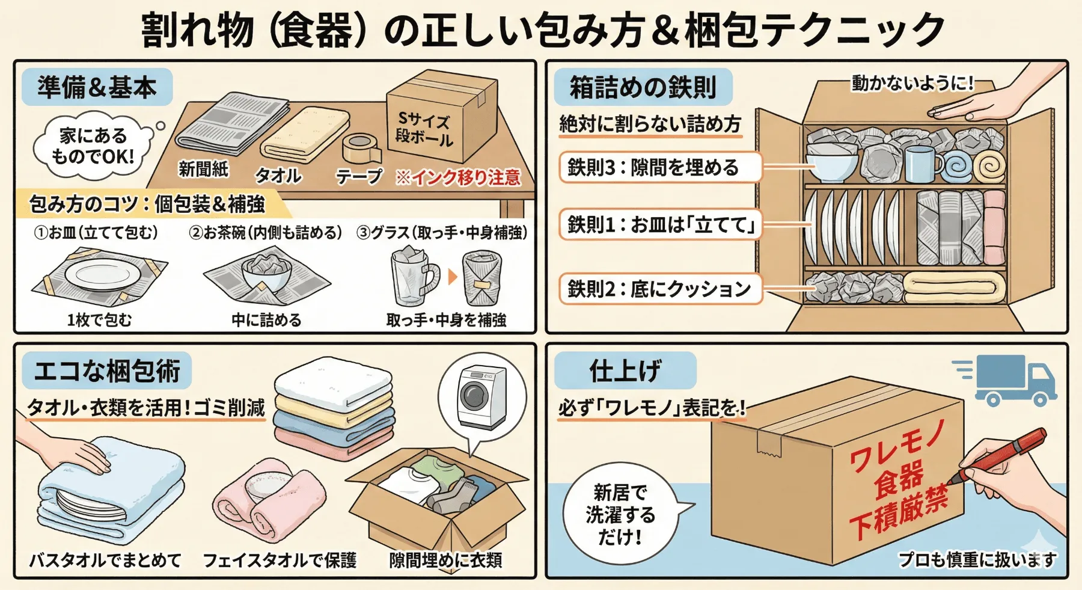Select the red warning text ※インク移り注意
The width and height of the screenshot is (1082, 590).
pyautogui.click(x=458, y=177)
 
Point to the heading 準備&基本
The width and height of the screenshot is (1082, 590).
pyautogui.click(x=97, y=87)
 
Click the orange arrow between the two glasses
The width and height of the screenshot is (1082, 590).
pyautogui.click(x=453, y=277)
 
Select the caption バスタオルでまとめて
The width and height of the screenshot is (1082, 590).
pyautogui.click(x=105, y=560)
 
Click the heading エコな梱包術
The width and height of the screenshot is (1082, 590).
pyautogui.click(x=107, y=370)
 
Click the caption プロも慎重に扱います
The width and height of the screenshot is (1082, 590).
pyautogui.click(x=977, y=560)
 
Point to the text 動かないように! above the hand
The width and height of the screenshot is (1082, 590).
pyautogui.click(x=912, y=83)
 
